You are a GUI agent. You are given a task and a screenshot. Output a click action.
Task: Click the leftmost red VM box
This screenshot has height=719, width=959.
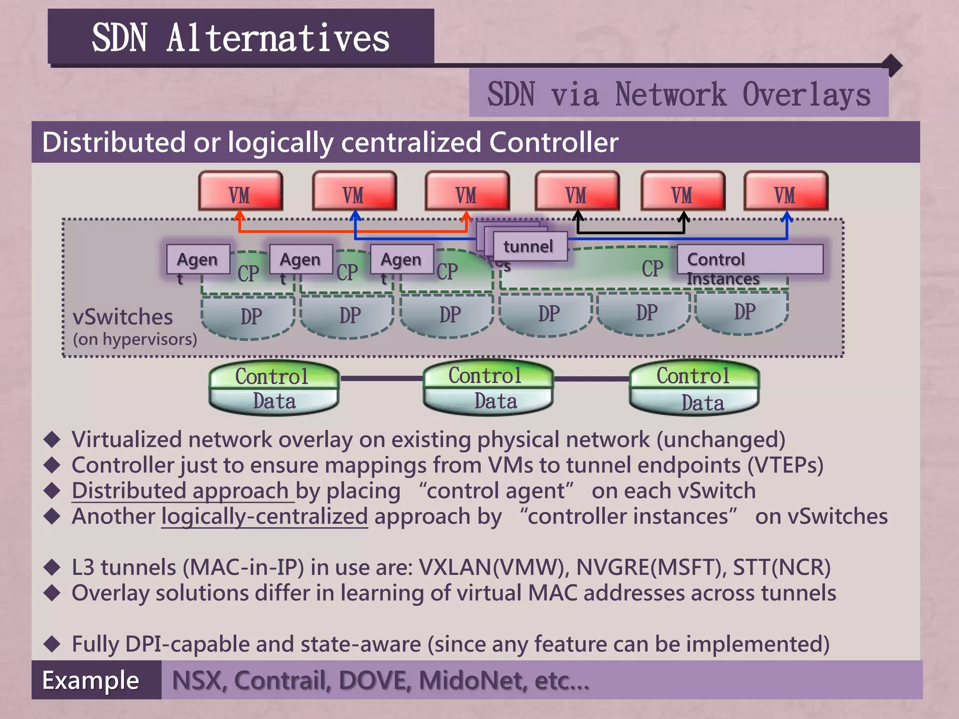[x=240, y=191]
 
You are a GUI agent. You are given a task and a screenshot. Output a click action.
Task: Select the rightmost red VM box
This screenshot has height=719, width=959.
[x=786, y=191]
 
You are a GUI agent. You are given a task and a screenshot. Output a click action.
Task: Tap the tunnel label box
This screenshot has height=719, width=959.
[x=529, y=246]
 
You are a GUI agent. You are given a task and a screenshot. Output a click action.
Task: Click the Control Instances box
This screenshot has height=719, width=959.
[x=749, y=260]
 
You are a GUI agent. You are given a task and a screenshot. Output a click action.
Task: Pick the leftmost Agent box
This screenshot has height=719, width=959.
[x=198, y=259]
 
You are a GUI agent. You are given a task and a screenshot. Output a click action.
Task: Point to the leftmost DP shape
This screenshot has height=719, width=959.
[x=248, y=316]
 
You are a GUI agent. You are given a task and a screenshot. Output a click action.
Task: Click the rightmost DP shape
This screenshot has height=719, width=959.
[x=742, y=312]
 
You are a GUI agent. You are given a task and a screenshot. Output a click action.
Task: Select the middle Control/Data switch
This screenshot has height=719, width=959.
[x=487, y=388]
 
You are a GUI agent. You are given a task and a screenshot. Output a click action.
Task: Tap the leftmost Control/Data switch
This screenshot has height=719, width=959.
[x=274, y=388]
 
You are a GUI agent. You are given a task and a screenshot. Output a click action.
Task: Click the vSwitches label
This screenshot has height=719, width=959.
[x=123, y=317]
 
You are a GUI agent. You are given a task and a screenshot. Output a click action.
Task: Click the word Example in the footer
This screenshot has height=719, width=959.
[x=91, y=680]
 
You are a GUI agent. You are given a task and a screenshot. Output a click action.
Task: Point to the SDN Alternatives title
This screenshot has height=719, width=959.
[x=241, y=37]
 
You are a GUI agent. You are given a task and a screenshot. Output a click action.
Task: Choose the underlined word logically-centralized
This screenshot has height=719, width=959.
[x=265, y=516]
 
